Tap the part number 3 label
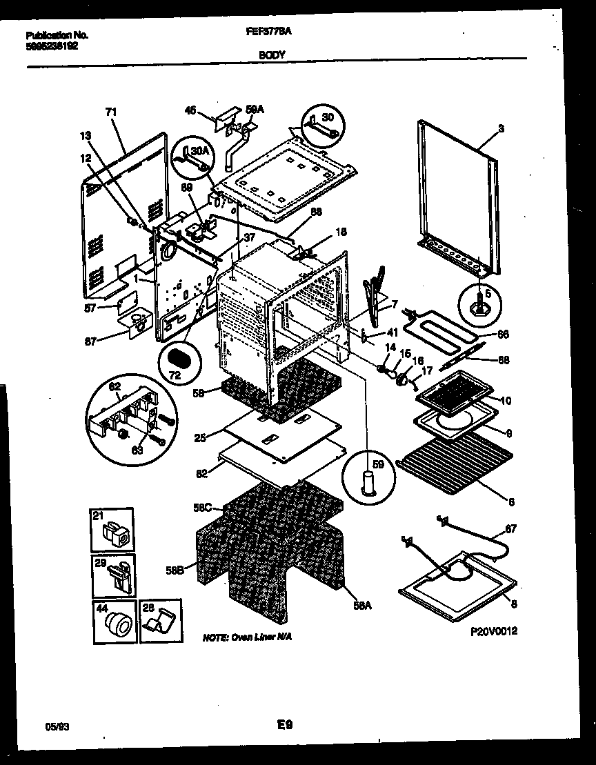501,129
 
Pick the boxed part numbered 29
114,576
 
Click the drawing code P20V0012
494,630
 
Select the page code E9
286,725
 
